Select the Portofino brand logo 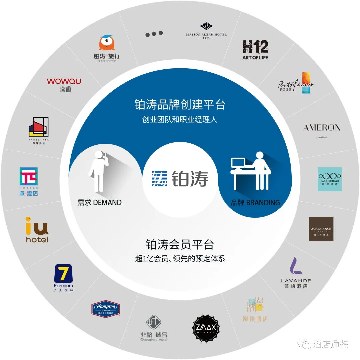coord(296,83)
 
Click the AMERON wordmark coord(322,128)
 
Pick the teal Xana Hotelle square coord(330,179)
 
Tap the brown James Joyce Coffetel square coord(321,229)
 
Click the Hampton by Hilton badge coord(106,309)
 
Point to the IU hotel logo coord(37,230)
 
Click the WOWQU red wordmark coord(64,81)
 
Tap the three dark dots coord(153,34)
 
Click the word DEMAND coord(107,202)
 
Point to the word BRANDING coord(263,202)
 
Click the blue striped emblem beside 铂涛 coord(159,179)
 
